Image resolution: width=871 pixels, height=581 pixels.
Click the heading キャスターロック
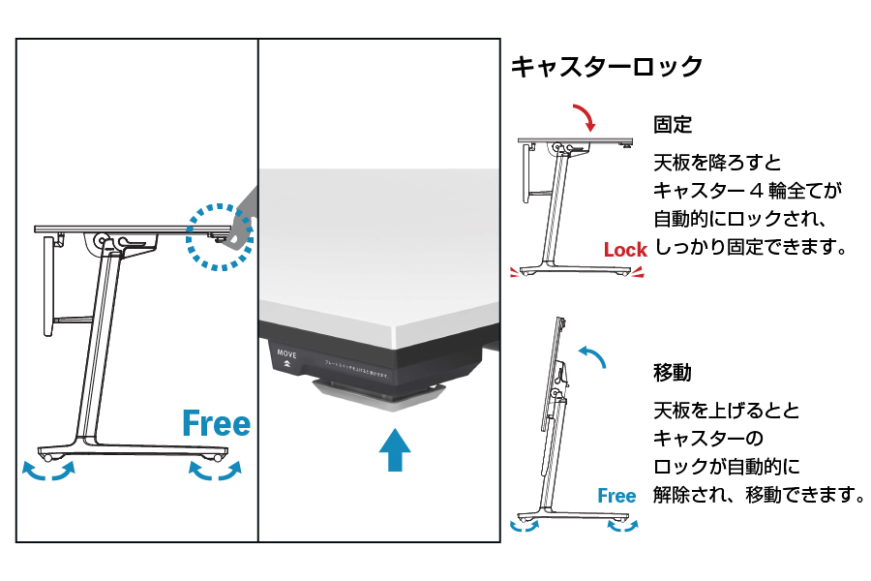(x=606, y=67)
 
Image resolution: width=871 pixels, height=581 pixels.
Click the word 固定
(x=673, y=125)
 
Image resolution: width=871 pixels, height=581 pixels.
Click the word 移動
(x=673, y=372)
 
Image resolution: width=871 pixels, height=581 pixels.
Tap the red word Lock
(x=625, y=250)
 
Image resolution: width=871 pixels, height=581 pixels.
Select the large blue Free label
(x=216, y=423)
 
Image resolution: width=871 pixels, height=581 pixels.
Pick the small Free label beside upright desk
(x=616, y=496)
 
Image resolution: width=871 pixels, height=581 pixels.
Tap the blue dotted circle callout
(x=219, y=235)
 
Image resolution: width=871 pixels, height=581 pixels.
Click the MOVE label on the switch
(x=287, y=354)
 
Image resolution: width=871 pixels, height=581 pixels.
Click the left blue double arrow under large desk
(x=49, y=473)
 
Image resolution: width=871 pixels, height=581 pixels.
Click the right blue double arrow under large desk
(x=215, y=472)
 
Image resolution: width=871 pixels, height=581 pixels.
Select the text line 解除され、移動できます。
(x=758, y=495)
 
